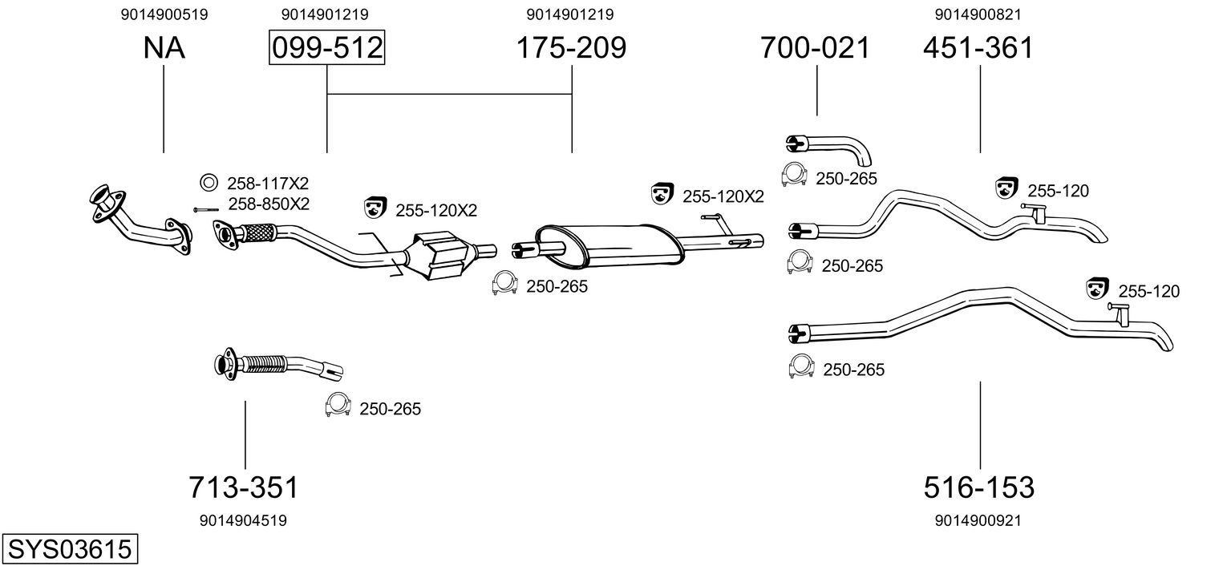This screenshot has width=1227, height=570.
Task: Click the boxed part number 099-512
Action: click(x=327, y=47)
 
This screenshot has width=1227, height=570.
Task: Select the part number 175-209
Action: click(x=571, y=47)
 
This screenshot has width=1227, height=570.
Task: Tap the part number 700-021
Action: click(x=815, y=47)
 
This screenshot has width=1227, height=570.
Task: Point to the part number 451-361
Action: click(x=978, y=47)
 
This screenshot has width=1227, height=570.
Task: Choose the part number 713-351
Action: click(x=244, y=487)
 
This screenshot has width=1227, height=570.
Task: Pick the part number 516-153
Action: click(x=979, y=487)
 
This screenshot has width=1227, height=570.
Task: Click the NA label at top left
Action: click(x=164, y=47)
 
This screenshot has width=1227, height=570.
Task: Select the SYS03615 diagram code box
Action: click(x=70, y=548)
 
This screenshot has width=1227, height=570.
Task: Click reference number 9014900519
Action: click(x=164, y=14)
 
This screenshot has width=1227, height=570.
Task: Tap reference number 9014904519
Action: click(x=243, y=520)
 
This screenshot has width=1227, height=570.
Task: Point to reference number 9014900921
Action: click(x=978, y=520)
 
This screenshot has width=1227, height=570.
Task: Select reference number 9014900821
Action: click(x=978, y=14)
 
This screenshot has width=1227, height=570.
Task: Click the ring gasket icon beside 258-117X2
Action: click(x=209, y=182)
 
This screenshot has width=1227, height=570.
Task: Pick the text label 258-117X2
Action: click(x=268, y=183)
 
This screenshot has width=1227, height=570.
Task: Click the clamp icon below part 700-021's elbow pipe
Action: click(x=794, y=174)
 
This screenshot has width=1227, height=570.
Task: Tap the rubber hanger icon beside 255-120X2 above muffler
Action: click(x=662, y=193)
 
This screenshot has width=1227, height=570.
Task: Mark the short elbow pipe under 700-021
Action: click(x=828, y=150)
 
